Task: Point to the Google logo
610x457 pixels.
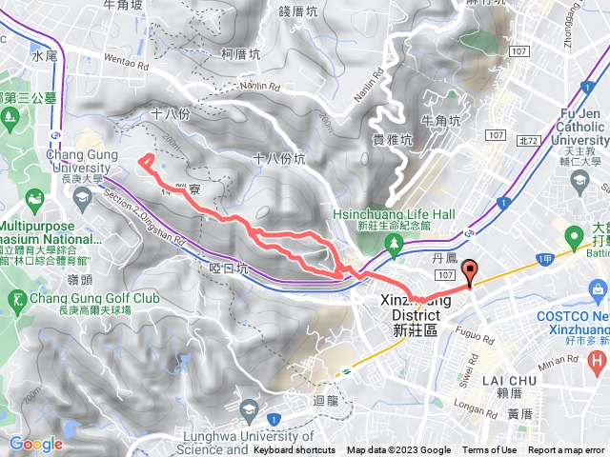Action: point(35,444)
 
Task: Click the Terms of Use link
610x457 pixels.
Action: point(490,450)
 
